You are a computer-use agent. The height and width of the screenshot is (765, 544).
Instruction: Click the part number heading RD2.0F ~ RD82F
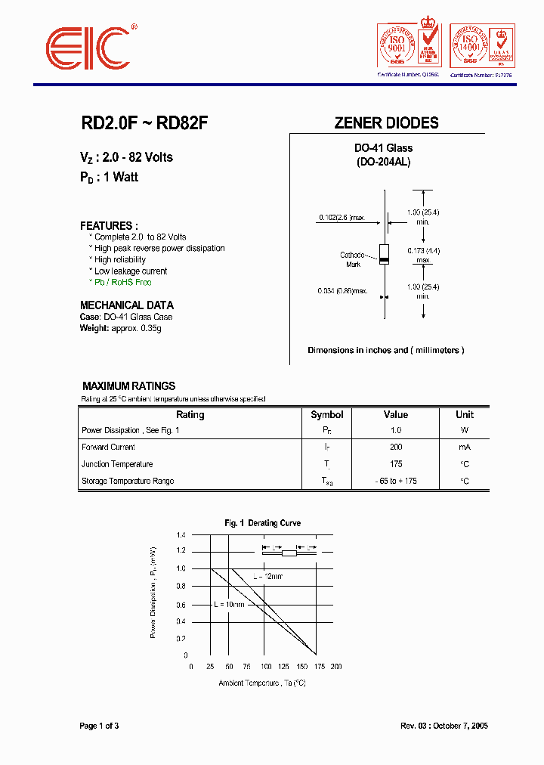[x=144, y=123]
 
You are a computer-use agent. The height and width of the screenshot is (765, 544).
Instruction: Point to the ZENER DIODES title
[x=386, y=123]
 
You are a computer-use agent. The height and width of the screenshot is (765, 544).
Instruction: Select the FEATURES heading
[x=109, y=226]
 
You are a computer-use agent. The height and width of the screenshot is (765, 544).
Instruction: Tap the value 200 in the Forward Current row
[x=395, y=448]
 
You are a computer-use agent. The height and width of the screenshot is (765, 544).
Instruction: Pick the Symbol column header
[x=327, y=415]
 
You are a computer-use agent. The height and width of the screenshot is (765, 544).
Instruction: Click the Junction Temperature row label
[x=117, y=464]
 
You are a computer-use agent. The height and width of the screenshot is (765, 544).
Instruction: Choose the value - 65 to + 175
[x=395, y=482]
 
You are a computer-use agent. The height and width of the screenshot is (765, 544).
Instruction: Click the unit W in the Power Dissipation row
[x=464, y=431]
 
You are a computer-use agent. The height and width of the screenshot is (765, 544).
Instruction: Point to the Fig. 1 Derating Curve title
[x=262, y=523]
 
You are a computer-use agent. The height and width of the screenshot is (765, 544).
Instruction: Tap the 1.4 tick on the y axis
[x=181, y=535]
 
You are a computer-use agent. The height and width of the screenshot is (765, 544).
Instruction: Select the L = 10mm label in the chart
[x=230, y=605]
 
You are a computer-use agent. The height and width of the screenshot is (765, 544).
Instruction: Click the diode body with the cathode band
[x=384, y=255]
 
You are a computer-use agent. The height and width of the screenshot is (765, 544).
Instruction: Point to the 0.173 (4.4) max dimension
[x=423, y=255]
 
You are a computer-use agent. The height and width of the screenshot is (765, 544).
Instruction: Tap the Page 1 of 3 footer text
[x=99, y=726]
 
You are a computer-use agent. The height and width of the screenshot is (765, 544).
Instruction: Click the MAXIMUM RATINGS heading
[x=128, y=386]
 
